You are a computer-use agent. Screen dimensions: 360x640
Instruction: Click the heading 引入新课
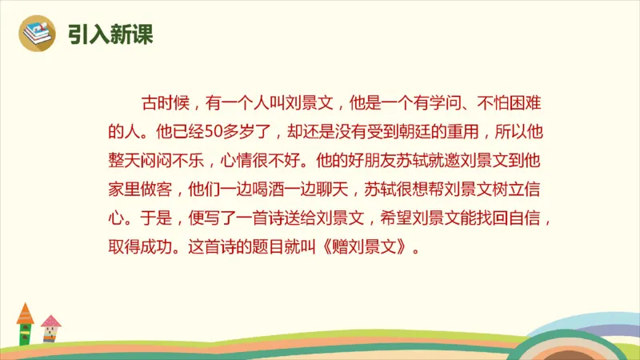coord(110,35)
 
